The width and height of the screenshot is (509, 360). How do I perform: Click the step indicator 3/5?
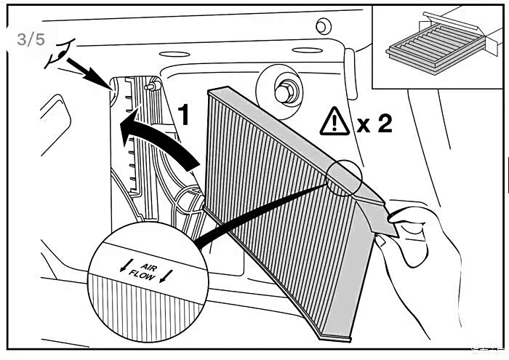click(31, 40)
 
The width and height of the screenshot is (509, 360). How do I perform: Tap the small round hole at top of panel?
click(320, 26)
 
